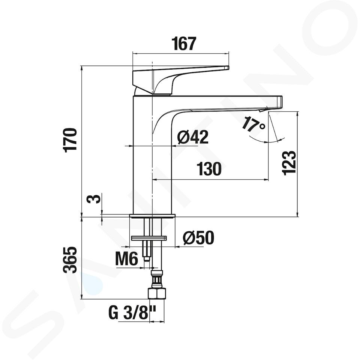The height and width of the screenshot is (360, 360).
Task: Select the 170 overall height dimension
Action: pyautogui.click(x=70, y=139)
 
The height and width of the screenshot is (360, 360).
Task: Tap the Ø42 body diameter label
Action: pyautogui.click(x=193, y=137)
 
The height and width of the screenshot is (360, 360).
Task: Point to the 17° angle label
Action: pyautogui.click(x=253, y=124)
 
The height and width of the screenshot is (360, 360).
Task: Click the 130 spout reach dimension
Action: pyautogui.click(x=209, y=169)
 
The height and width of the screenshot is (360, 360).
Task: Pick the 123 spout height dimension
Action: pyautogui.click(x=289, y=163)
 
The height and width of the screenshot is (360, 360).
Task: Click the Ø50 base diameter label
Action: pyautogui.click(x=198, y=238)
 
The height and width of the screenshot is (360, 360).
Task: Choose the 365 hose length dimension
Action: pyautogui.click(x=70, y=260)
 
